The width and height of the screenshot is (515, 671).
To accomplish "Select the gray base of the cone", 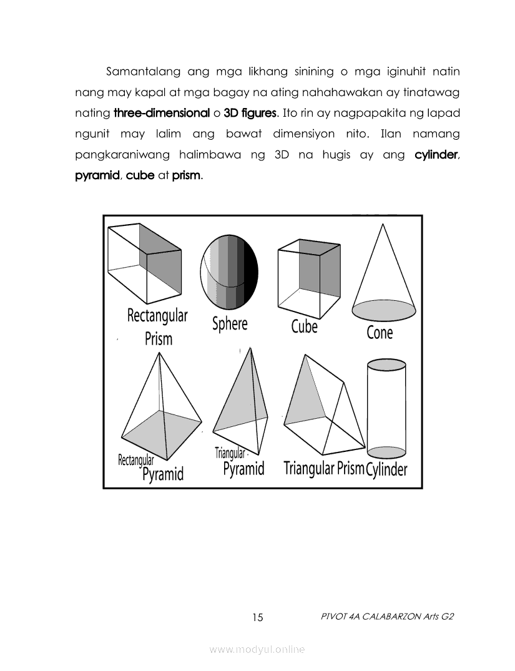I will click(384, 309).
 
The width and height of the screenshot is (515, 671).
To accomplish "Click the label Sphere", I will click(230, 323).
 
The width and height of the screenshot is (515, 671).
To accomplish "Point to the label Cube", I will click(304, 326).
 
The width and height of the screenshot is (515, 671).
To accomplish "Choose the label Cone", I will click(380, 333).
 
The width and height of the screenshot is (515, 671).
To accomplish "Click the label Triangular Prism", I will click(323, 468).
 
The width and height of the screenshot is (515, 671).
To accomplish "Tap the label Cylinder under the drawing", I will click(386, 469).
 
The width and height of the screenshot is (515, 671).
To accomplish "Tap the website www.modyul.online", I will click(257, 650).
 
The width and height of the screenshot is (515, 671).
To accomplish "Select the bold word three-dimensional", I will click(162, 114).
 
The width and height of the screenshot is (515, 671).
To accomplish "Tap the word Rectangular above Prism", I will click(157, 315).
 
